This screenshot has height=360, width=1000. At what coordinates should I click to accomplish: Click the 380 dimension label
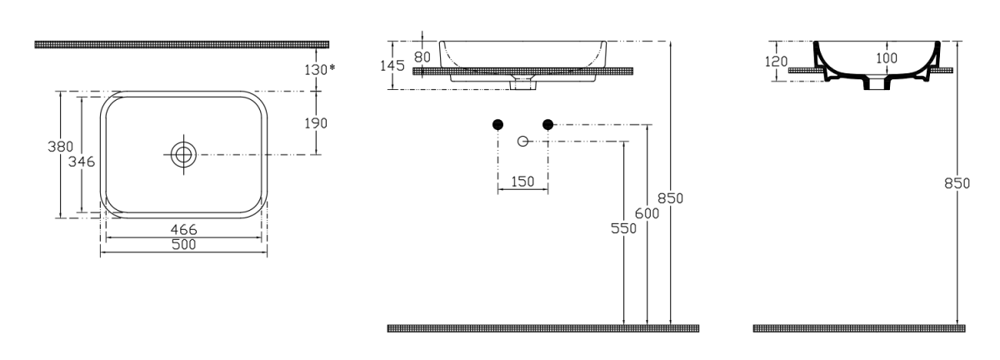pos(60,147)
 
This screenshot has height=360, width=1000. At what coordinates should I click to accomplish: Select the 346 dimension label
pos(82,161)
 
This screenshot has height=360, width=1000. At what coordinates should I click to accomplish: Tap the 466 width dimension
pos(183,229)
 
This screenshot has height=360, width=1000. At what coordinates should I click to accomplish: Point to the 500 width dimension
pos(183,245)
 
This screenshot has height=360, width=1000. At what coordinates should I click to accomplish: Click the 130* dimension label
pos(320,70)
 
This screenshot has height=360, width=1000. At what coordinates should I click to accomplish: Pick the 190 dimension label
pos(316,123)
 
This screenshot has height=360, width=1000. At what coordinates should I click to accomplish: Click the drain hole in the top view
pos(183,154)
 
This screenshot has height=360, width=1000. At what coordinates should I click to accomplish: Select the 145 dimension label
pos(392,66)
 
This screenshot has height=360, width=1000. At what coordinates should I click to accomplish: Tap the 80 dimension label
pos(422,57)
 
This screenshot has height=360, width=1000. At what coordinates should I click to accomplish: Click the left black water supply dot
pos(497,125)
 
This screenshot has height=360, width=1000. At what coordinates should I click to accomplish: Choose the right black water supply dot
pos(547,125)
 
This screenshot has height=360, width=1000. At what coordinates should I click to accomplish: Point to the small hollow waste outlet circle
pos(522,142)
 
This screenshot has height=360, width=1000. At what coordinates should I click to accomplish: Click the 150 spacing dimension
pos(522,182)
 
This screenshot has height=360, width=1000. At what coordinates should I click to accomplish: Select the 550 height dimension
pos(623,228)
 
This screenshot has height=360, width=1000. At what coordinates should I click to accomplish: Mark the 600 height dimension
pos(647,213)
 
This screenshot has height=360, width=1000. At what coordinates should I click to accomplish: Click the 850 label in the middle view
pos(671,198)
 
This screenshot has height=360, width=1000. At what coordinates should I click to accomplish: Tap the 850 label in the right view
pos(957,183)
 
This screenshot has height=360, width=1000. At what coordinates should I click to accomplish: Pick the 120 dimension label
pos(777,61)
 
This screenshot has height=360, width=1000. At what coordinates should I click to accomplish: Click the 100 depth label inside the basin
pos(887,58)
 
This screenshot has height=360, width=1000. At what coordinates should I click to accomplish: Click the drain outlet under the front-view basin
pos(522,85)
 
